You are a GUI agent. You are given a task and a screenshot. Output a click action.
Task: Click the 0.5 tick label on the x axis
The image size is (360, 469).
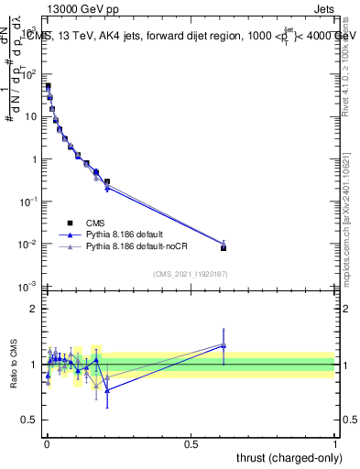191,443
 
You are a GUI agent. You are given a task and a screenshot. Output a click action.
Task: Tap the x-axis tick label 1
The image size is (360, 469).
335,443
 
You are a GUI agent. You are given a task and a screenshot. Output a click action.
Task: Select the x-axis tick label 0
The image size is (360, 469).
47,443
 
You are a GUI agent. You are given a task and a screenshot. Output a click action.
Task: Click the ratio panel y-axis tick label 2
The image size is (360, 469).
33,310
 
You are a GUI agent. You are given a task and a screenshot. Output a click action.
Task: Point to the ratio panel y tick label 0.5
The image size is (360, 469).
29,420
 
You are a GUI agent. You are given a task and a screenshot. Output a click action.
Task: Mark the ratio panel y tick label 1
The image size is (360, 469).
33,365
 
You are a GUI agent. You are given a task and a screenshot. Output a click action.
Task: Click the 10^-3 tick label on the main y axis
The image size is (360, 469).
28,288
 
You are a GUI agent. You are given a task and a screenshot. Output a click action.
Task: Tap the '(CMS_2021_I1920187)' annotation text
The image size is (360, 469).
191,273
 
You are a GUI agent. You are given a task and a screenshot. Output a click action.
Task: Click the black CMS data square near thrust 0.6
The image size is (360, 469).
224,247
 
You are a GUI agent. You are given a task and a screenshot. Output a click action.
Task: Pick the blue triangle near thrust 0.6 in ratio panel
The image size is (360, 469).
224,346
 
